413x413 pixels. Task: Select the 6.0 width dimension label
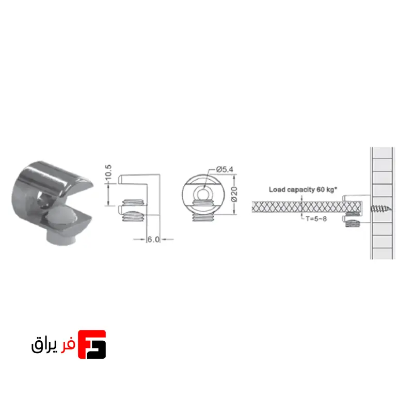(x=153, y=240)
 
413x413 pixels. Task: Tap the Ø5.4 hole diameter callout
(x=225, y=169)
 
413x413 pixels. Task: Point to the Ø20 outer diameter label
(x=234, y=195)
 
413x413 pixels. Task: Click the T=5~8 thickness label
(x=316, y=218)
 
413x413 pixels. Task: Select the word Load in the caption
(x=277, y=189)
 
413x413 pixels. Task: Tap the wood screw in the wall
(x=381, y=209)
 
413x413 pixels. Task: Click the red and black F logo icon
(x=92, y=344)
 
